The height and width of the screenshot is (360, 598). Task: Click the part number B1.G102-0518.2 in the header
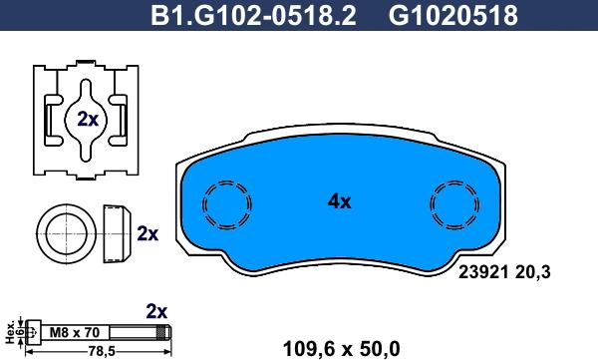(253, 15)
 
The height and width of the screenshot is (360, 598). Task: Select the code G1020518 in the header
(453, 15)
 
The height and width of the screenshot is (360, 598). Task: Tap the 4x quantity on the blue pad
(340, 201)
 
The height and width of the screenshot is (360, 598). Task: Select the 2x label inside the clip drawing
(88, 119)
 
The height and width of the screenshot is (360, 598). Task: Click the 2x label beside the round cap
(148, 233)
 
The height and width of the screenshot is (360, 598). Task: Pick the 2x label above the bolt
(156, 312)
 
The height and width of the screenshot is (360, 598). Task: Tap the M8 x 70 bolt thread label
(75, 332)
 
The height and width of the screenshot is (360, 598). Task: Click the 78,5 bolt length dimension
(102, 351)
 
